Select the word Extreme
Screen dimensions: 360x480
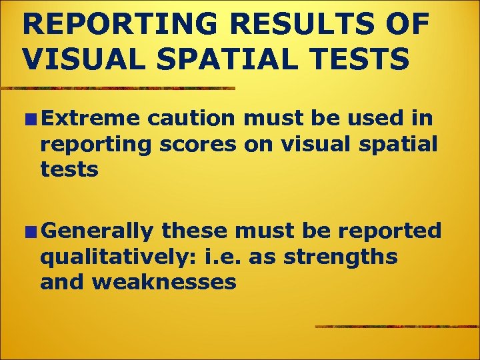90,118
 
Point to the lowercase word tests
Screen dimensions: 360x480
69,170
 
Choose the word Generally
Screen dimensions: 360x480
99,231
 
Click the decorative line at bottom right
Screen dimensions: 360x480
397,327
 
